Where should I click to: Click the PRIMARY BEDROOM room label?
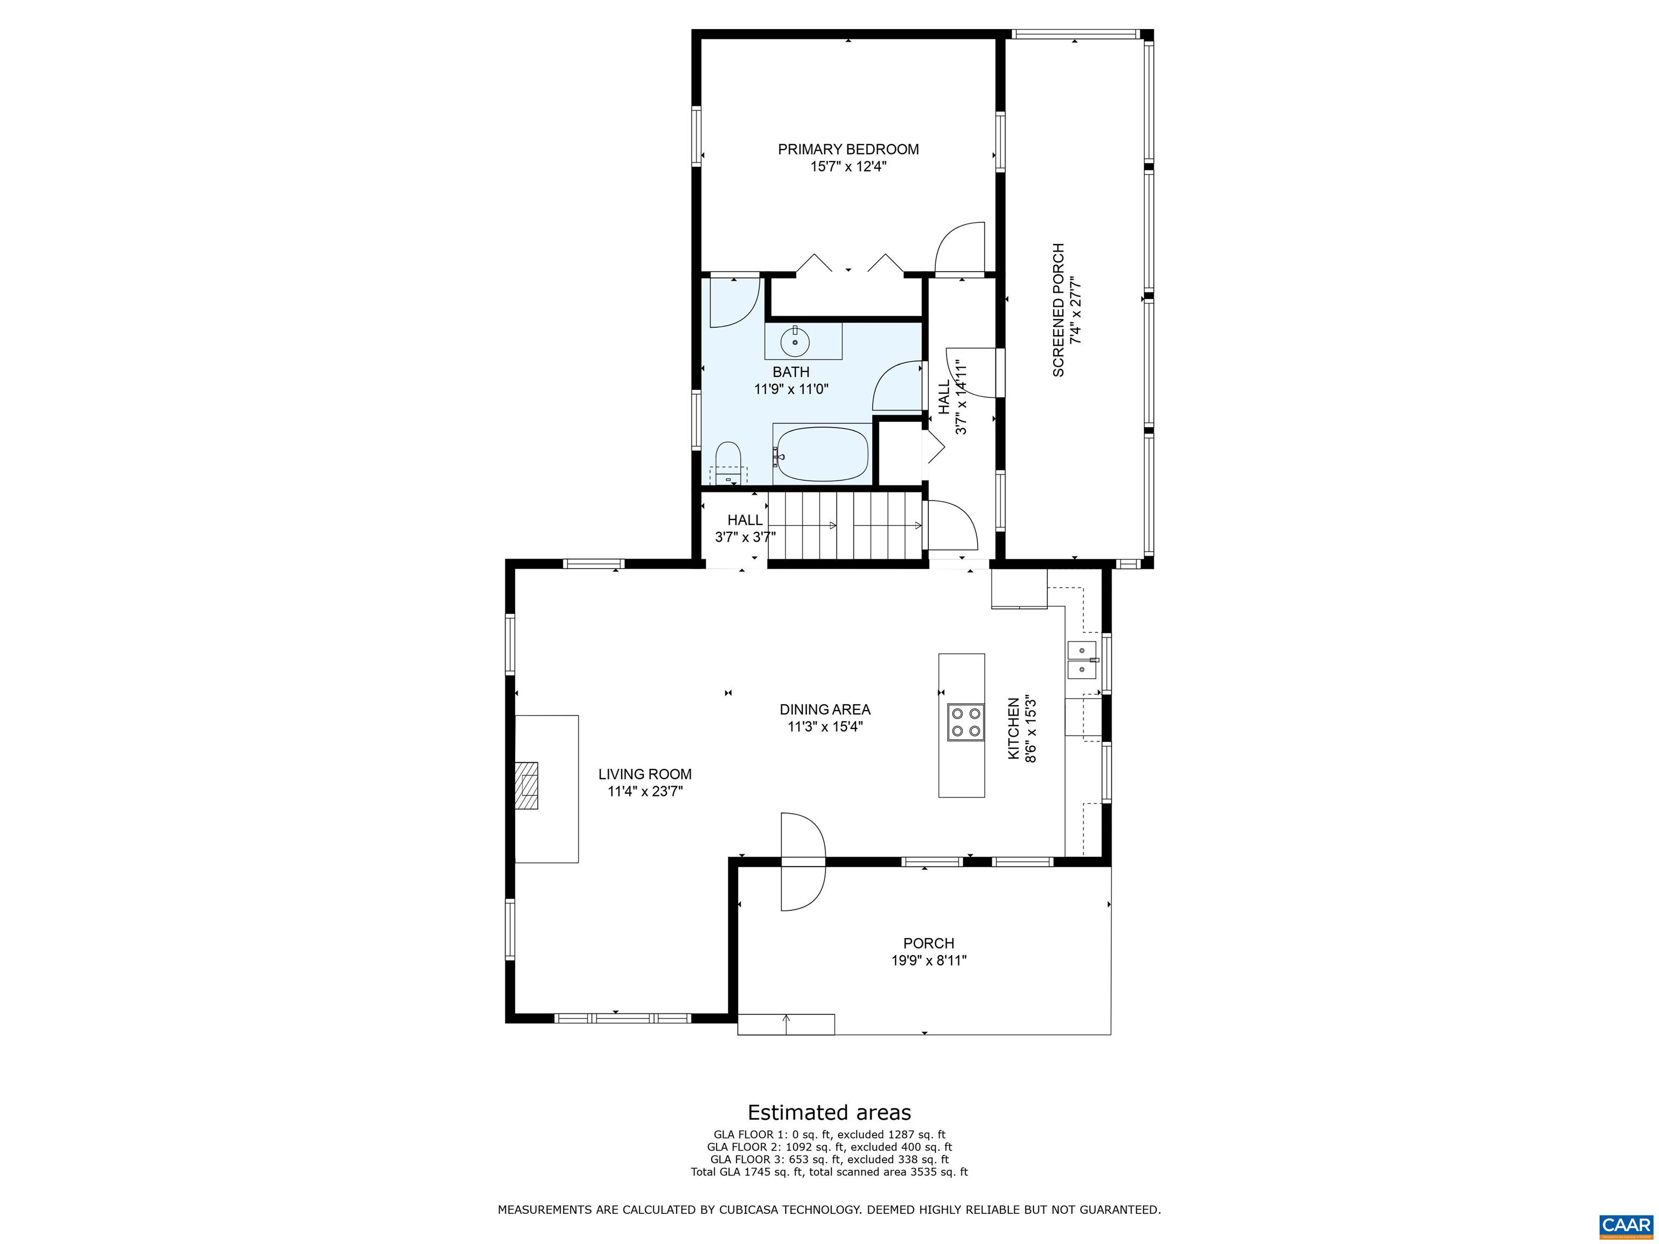(848, 149)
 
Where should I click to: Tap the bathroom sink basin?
(795, 343)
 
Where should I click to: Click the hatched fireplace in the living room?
(527, 785)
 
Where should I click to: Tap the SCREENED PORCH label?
(1058, 310)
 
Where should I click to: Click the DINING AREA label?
(825, 709)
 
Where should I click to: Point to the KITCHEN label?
(1013, 728)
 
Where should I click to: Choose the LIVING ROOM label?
(645, 774)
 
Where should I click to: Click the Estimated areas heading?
(829, 1112)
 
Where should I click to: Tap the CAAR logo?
(1626, 1225)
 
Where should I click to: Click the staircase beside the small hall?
(845, 526)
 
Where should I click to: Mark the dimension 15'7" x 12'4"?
(848, 166)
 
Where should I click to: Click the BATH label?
(791, 372)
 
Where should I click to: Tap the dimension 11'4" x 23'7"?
(645, 791)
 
